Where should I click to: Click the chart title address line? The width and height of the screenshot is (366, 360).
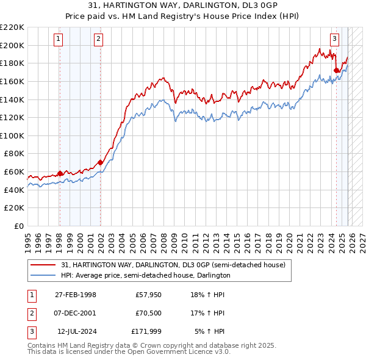(x=182, y=5)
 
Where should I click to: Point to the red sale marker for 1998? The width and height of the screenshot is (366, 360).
(x=60, y=173)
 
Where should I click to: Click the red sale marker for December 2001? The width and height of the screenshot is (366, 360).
(x=101, y=162)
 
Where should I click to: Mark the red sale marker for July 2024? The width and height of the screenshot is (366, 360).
(x=336, y=70)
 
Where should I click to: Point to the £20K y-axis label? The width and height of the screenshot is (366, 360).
(x=15, y=207)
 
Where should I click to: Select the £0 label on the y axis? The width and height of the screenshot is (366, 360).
(x=20, y=226)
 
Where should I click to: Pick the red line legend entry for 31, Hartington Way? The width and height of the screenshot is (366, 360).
(x=173, y=265)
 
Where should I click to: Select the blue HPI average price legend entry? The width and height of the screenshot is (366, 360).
(x=145, y=275)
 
